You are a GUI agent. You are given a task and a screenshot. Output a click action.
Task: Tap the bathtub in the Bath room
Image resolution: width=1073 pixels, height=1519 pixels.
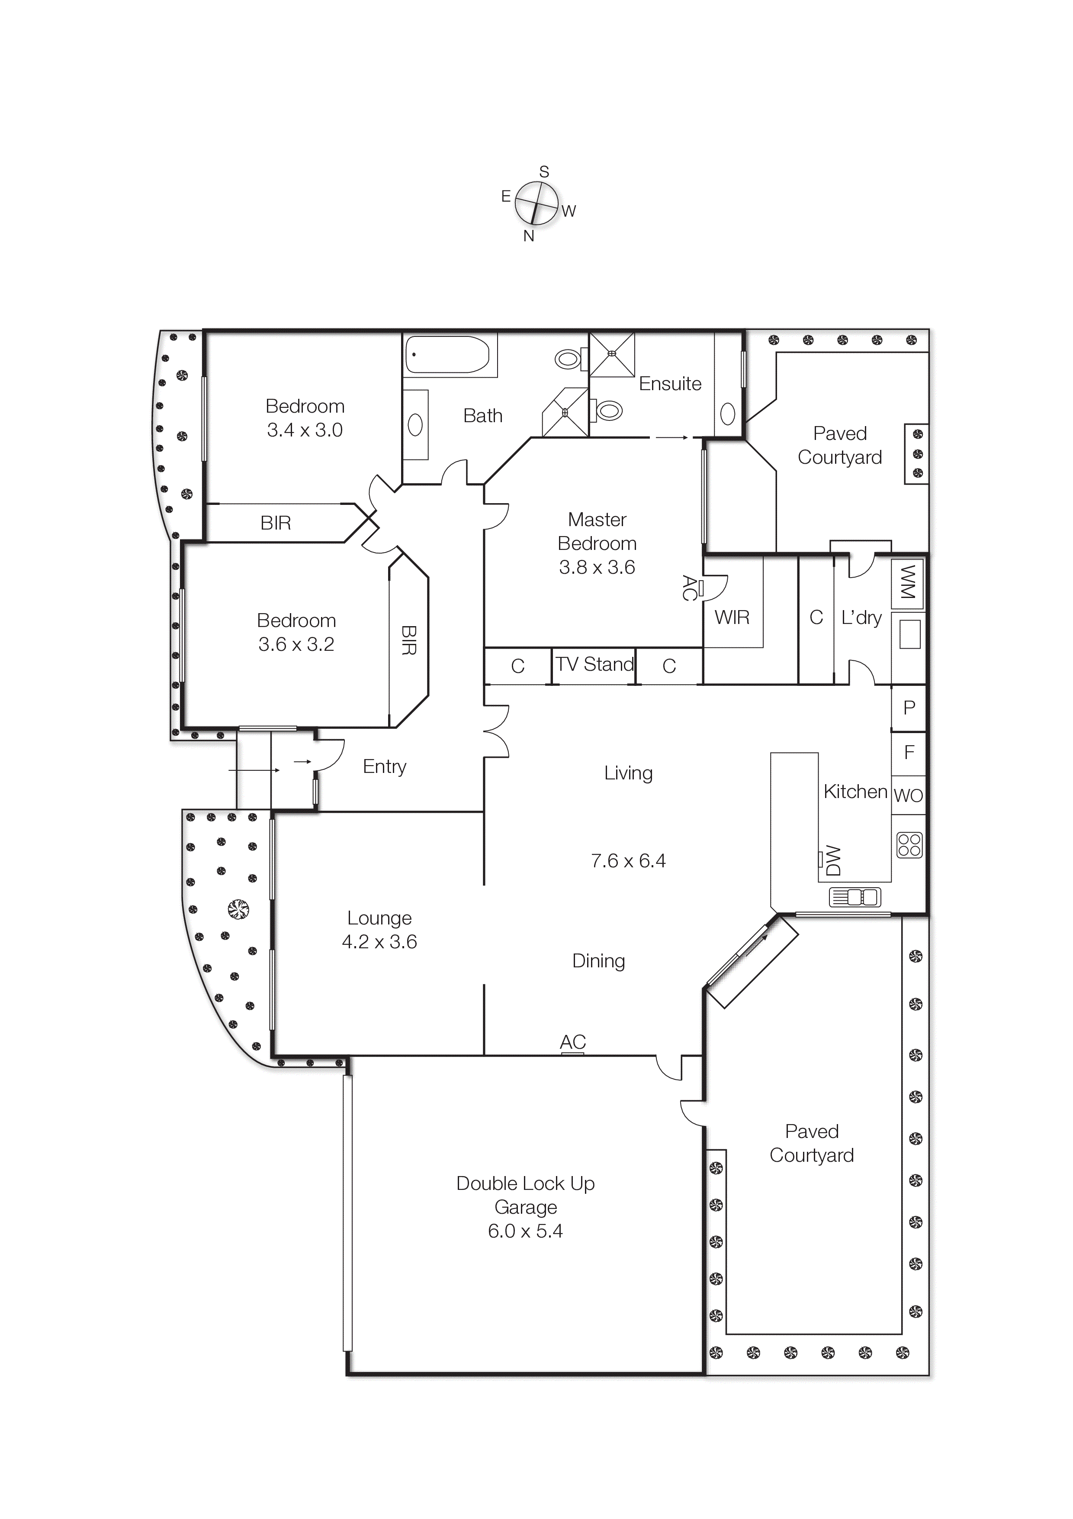[x=447, y=355]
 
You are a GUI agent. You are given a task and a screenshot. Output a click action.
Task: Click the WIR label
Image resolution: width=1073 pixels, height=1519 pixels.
[x=732, y=617]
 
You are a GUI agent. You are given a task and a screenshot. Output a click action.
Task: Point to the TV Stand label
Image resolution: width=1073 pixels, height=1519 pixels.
[x=594, y=664]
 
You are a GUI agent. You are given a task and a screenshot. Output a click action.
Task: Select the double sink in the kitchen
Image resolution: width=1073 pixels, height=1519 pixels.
[x=855, y=897]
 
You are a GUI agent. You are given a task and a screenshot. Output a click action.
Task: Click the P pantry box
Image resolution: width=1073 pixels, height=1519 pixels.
[x=909, y=707]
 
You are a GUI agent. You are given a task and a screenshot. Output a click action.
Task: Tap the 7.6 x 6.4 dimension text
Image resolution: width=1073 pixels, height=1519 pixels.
[x=628, y=861]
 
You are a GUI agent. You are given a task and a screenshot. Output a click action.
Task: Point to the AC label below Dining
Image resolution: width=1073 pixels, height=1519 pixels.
[x=572, y=1041]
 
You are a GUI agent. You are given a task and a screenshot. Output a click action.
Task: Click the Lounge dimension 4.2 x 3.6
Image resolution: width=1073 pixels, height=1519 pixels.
[x=379, y=941]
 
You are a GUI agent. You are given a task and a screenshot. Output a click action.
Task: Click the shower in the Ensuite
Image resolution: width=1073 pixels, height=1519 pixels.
[x=612, y=354]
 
